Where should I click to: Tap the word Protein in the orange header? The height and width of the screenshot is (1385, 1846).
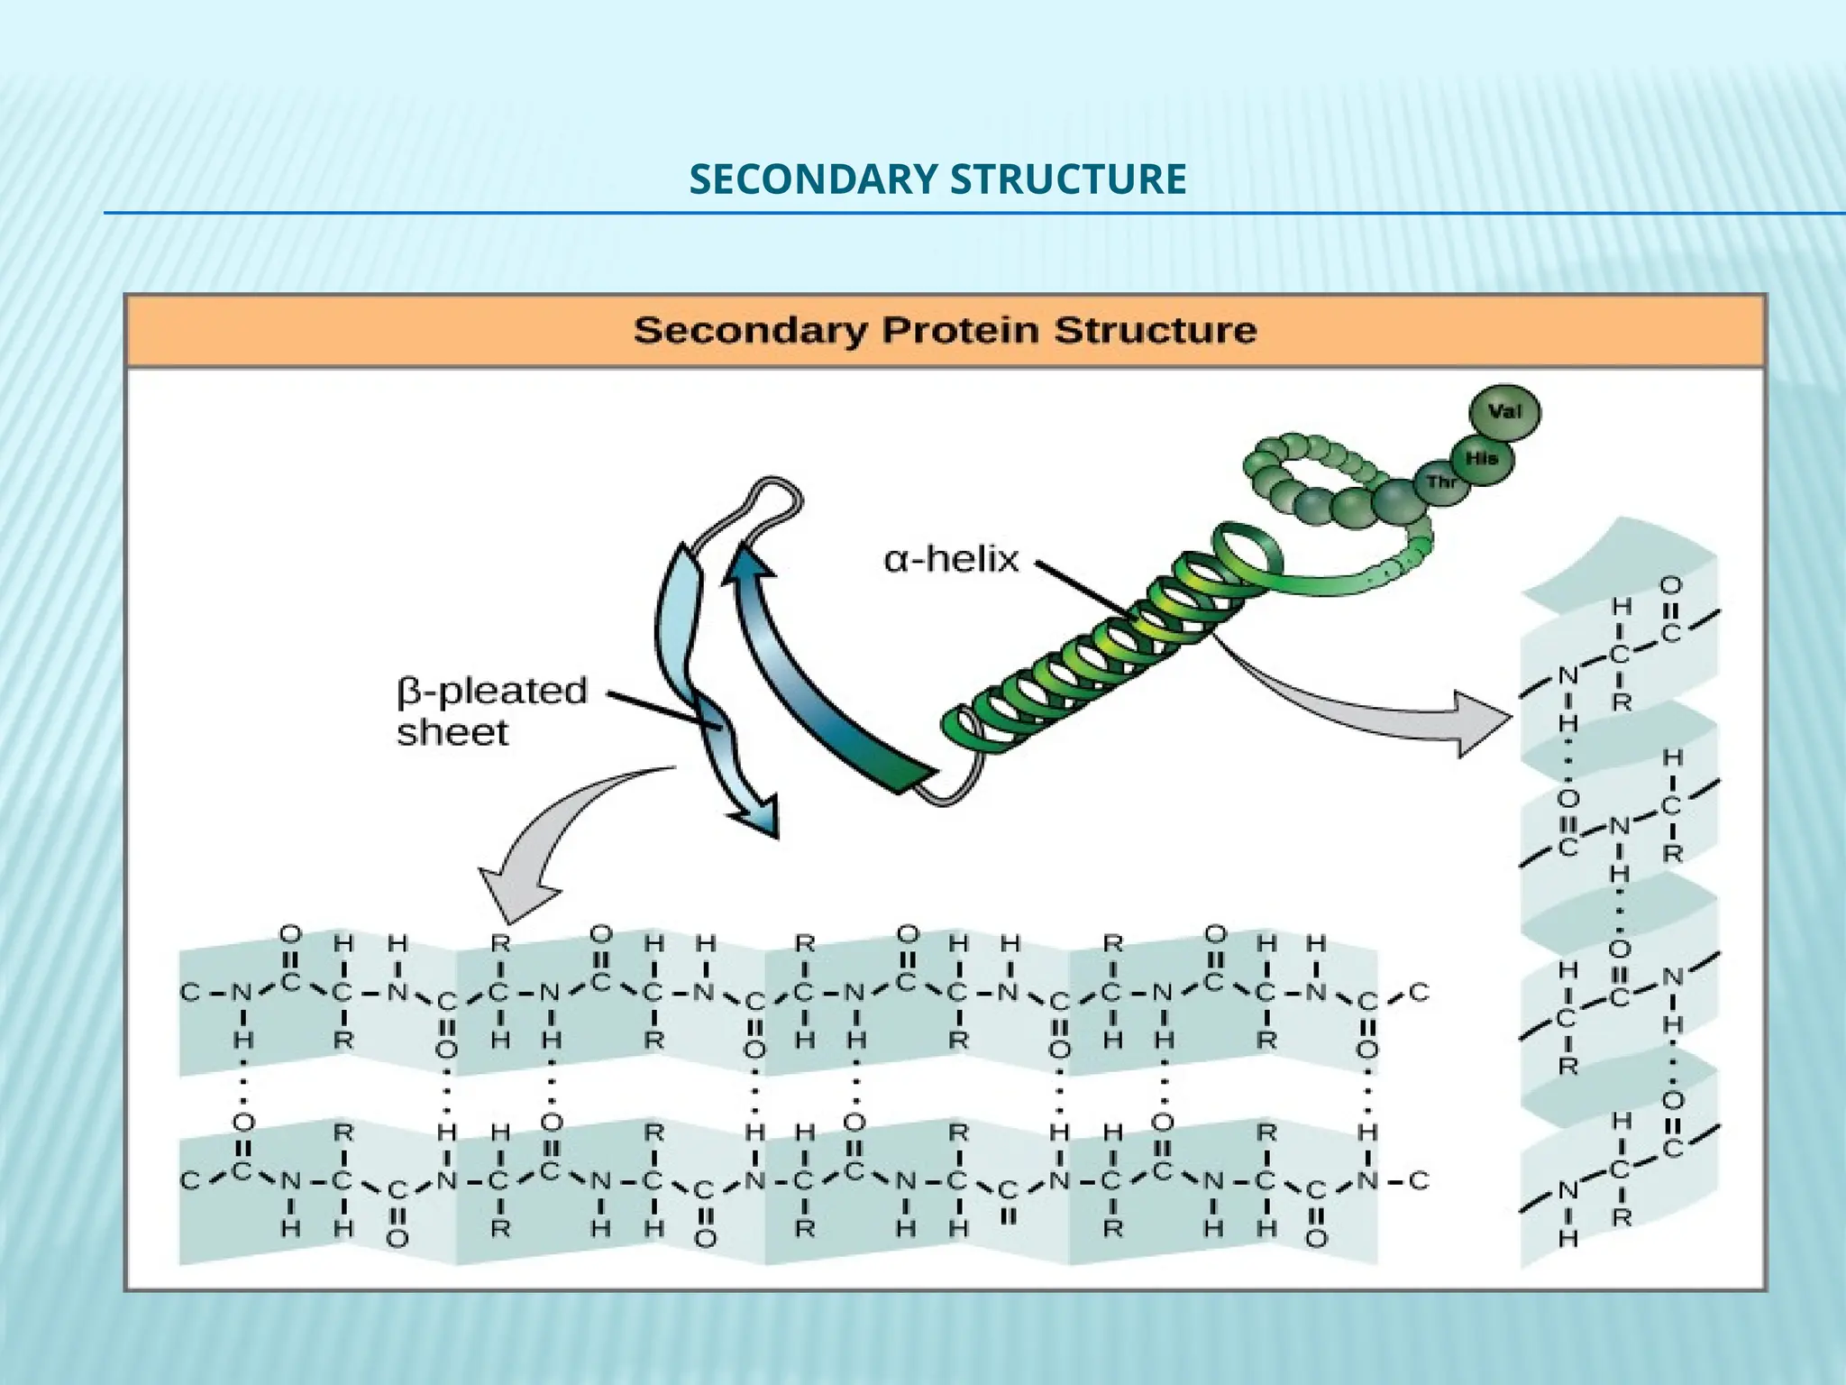coord(962,330)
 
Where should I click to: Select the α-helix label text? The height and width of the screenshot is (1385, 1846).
coord(951,560)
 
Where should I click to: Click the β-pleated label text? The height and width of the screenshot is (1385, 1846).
coord(492,691)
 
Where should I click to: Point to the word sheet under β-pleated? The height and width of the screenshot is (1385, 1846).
coord(452,732)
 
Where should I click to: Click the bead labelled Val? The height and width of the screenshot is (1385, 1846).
coord(1504,413)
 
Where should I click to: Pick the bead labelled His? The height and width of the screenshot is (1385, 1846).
coord(1481,459)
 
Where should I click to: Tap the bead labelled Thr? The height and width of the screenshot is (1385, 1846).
coord(1440,482)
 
